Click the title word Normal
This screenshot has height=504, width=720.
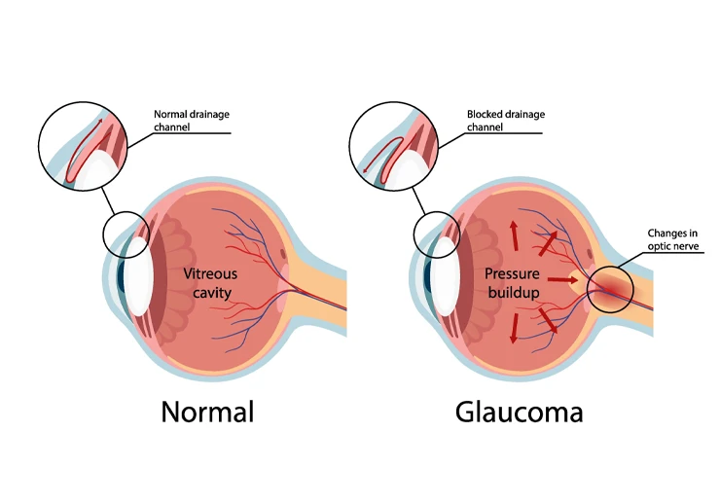tap(207, 412)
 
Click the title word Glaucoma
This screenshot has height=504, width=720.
tap(519, 412)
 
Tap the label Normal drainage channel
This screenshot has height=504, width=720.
tap(192, 121)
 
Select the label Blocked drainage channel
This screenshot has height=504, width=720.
tap(506, 121)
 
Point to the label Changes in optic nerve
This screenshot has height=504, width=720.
tap(673, 239)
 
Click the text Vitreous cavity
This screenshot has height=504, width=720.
tap(210, 283)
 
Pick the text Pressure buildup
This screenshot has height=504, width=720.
tap(513, 283)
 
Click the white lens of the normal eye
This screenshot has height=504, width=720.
tap(139, 276)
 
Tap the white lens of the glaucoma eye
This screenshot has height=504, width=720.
tap(446, 276)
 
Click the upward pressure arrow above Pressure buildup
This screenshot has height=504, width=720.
tap(515, 235)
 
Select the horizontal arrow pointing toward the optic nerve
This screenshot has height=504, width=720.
tap(563, 279)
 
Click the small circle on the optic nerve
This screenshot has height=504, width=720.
tap(610, 289)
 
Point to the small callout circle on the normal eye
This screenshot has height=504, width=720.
tap(126, 211)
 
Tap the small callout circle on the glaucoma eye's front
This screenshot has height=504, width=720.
tap(437, 211)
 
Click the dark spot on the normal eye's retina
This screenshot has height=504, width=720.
tap(283, 253)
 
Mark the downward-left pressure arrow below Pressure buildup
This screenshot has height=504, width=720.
tap(515, 328)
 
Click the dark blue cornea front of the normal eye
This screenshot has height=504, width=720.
tap(121, 276)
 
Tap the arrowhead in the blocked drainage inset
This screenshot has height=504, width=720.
tap(366, 170)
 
